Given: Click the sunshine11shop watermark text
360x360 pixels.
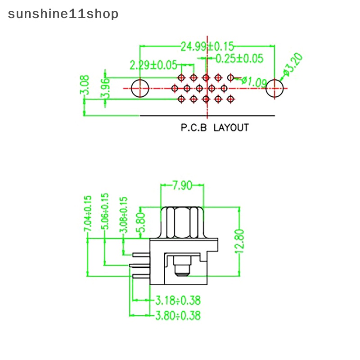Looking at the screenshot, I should pyautogui.click(x=63, y=14).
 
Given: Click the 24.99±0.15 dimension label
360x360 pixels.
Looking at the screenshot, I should pyautogui.click(x=207, y=46).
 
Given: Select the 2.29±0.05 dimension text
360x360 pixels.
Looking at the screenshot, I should pyautogui.click(x=153, y=65).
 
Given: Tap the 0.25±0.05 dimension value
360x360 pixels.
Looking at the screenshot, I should pyautogui.click(x=239, y=58).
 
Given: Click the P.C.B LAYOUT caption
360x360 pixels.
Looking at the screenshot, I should pyautogui.click(x=214, y=128).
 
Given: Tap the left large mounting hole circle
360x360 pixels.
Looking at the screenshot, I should pyautogui.click(x=140, y=89).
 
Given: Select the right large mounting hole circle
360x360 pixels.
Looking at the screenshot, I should pyautogui.click(x=275, y=88).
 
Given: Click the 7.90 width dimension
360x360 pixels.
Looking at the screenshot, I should pyautogui.click(x=183, y=184).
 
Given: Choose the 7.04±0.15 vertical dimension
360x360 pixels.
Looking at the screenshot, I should pyautogui.click(x=88, y=214).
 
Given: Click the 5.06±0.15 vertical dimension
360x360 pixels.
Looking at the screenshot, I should pyautogui.click(x=106, y=211).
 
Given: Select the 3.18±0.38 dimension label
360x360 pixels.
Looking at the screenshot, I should pyautogui.click(x=178, y=300).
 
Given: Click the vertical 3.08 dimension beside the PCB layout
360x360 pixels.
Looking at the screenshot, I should pyautogui.click(x=85, y=85).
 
